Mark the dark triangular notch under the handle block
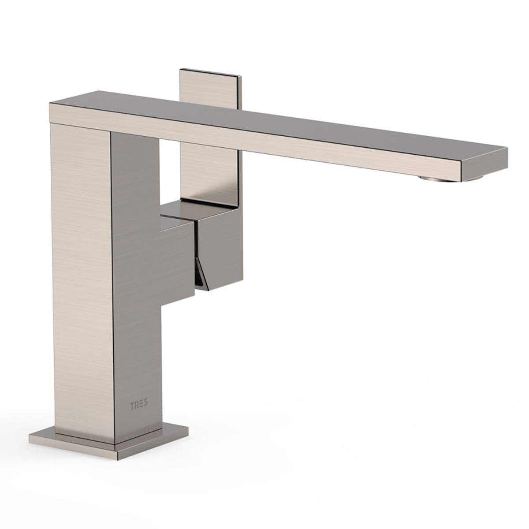coord(201,278)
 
